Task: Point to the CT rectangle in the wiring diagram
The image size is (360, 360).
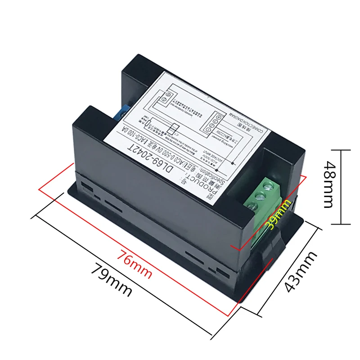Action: click(x=171, y=129)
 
